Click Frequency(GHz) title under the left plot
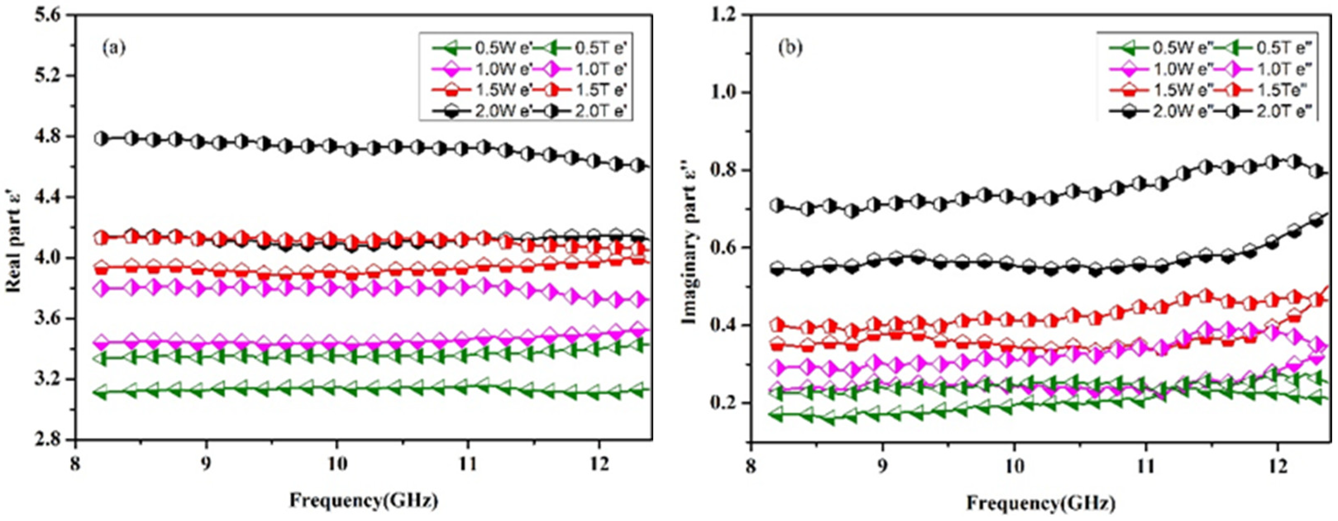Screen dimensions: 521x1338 coord(364,501)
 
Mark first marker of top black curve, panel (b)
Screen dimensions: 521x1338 coord(777,205)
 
